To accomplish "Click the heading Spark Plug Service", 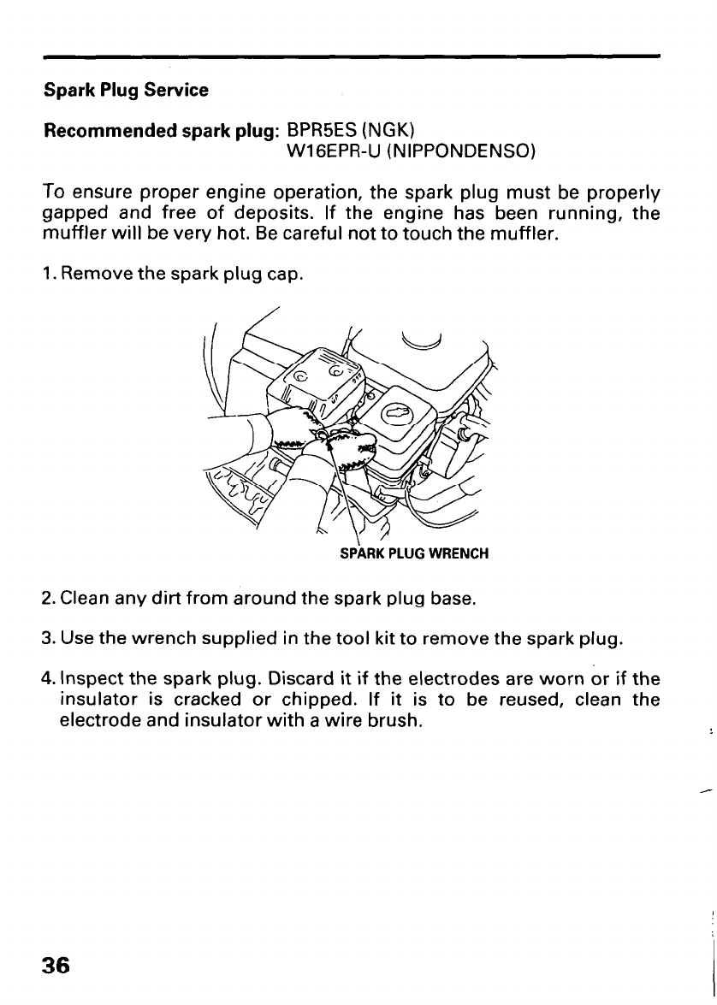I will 126,91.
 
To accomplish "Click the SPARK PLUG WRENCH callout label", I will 414,553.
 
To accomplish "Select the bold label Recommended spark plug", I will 162,133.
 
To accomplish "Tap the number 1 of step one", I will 48,276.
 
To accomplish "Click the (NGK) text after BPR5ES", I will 388,132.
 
